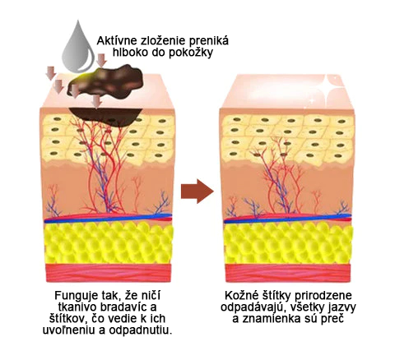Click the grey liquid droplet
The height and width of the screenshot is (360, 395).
(77, 48)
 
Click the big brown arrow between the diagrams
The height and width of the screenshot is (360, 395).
(197, 192)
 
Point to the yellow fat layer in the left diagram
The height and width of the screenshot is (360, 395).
(109, 242)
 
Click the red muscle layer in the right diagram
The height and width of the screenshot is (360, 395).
(288, 273)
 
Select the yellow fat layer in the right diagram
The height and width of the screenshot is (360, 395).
(288, 242)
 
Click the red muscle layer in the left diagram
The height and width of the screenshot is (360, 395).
(109, 273)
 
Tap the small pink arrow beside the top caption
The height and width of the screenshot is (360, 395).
(102, 60)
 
